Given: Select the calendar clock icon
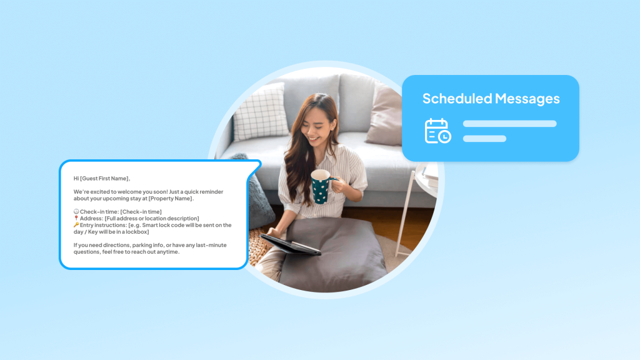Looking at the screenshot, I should coord(437,131).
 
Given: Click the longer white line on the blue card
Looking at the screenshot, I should coord(509,124).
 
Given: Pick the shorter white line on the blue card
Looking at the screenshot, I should coord(484,139).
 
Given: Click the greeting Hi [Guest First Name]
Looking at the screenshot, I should coord(102,178).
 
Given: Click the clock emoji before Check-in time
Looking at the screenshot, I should coord(76,212).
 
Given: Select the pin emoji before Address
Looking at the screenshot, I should coord(76,219).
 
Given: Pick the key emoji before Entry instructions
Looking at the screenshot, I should coord(76,225).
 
